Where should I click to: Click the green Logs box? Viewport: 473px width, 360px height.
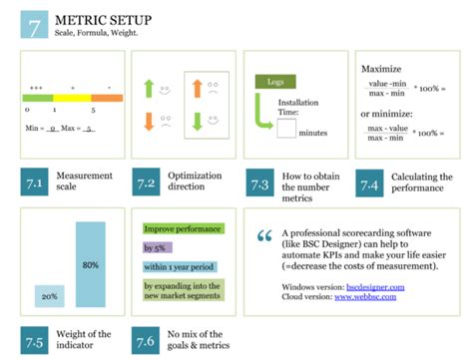(273, 83)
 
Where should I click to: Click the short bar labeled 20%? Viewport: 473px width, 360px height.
(49, 296)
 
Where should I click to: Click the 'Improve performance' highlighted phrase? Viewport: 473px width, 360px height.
(181, 229)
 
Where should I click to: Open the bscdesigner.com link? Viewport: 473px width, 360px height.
(370, 287)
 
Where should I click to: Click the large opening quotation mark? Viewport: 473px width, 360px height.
(264, 237)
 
